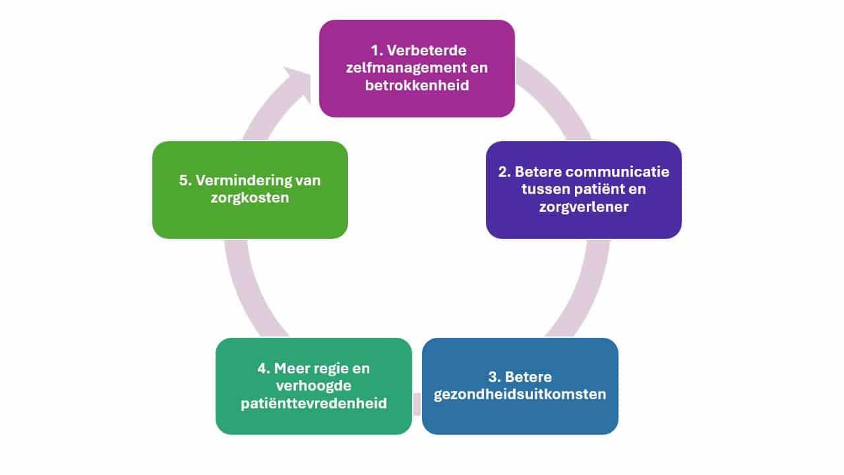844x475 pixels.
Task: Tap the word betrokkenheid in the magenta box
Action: click(x=417, y=86)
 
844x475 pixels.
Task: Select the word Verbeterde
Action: click(x=427, y=51)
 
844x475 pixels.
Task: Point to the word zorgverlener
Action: click(x=584, y=207)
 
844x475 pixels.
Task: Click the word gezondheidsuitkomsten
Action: click(x=520, y=395)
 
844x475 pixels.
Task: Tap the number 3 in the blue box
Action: click(x=493, y=377)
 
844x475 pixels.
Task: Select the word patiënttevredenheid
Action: click(x=314, y=404)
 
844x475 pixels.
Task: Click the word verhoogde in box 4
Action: click(x=314, y=386)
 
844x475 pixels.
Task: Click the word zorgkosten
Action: click(x=250, y=198)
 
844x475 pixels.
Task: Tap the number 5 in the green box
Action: click(x=184, y=180)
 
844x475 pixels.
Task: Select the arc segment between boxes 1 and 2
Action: click(x=557, y=94)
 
